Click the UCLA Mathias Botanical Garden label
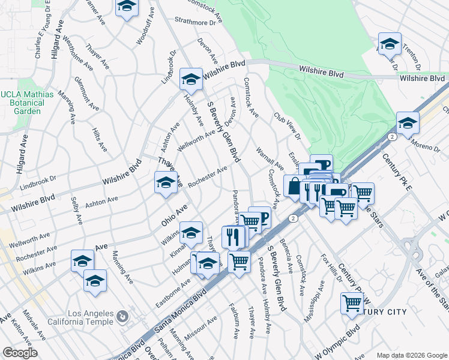pyautogui.click(x=27, y=103)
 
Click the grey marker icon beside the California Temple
pyautogui.click(x=122, y=316)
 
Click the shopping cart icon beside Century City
pyautogui.click(x=352, y=302)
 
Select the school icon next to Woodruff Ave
pyautogui.click(x=127, y=7)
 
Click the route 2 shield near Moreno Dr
pyautogui.click(x=392, y=137)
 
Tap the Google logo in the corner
pyautogui.click(x=20, y=353)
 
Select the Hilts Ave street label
pyautogui.click(x=100, y=138)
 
